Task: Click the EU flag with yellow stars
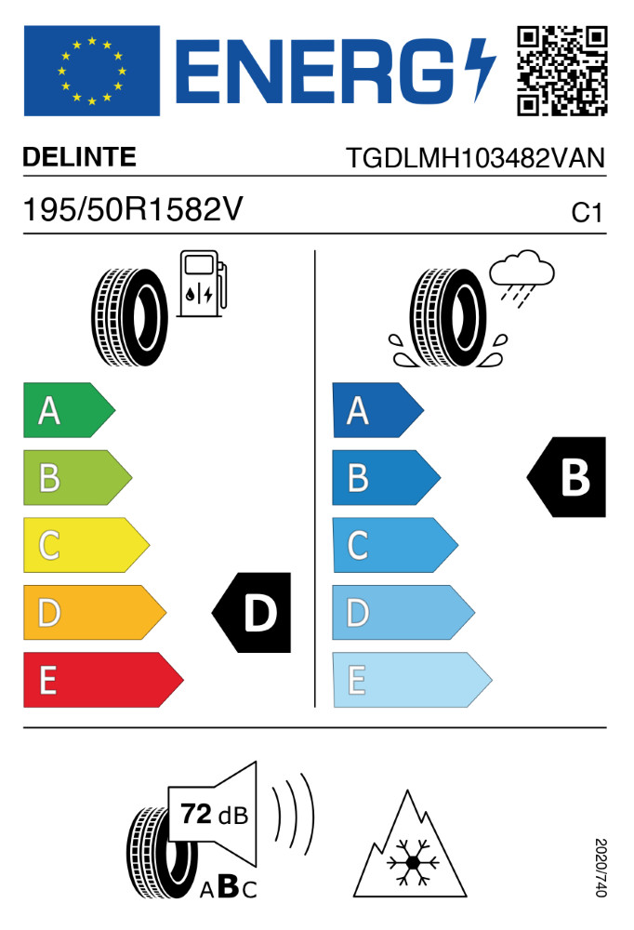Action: (91, 71)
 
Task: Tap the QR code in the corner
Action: (561, 71)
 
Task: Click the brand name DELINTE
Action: (80, 158)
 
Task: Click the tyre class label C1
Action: (587, 213)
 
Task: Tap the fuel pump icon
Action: (202, 283)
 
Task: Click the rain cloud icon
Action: (522, 271)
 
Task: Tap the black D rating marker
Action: (254, 612)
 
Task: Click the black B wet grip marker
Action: (568, 477)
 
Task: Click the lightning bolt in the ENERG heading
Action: (481, 71)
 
